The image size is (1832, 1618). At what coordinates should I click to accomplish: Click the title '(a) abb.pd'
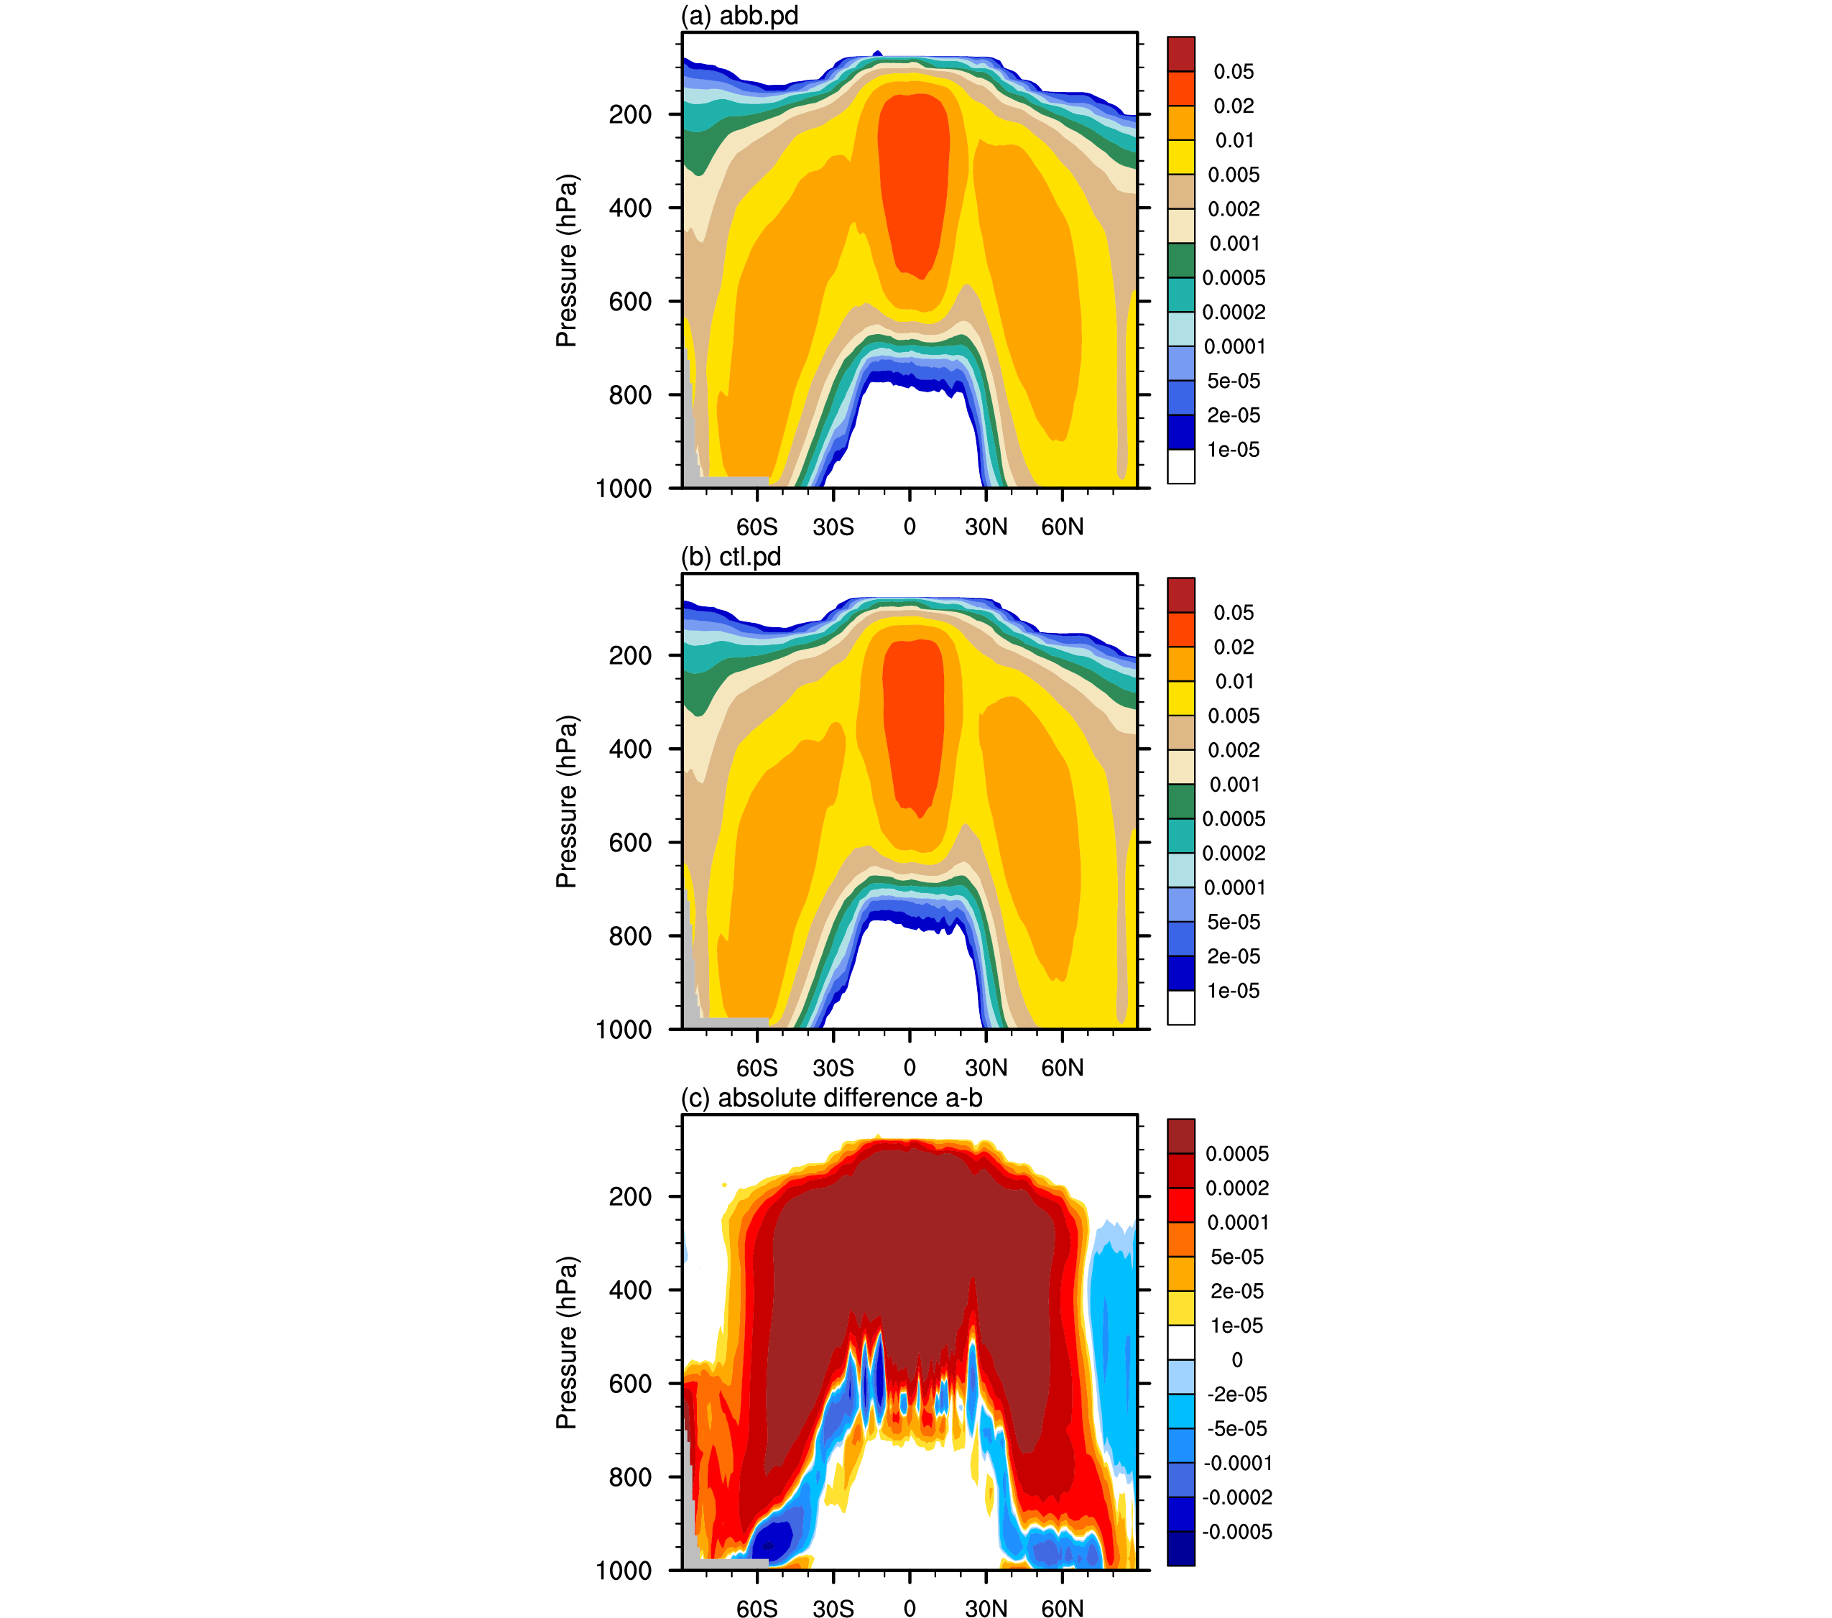(x=739, y=16)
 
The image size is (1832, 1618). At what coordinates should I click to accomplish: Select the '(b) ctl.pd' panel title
(x=731, y=558)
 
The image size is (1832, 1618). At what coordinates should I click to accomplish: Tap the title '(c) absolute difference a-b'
(x=832, y=1098)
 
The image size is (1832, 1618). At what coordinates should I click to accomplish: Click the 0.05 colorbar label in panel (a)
(x=1234, y=72)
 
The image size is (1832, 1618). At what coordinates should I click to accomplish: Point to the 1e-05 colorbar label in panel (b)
(x=1234, y=991)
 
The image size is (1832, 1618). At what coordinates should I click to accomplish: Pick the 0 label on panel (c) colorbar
(x=1237, y=1360)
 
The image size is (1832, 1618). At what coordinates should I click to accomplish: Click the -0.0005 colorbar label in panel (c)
(x=1237, y=1532)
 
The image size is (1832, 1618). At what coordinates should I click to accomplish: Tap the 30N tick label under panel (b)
(x=986, y=1068)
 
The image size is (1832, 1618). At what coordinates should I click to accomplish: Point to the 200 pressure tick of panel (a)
(x=630, y=115)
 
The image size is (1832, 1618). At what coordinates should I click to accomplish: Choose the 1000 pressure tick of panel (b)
(x=624, y=1030)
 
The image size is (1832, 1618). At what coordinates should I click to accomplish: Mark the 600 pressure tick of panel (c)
(x=630, y=1384)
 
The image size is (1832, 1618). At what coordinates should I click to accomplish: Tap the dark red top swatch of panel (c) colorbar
(x=1180, y=1136)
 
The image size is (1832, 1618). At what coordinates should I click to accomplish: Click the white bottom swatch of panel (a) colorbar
(x=1180, y=466)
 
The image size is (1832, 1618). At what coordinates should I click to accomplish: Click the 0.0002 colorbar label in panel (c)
(x=1237, y=1188)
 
